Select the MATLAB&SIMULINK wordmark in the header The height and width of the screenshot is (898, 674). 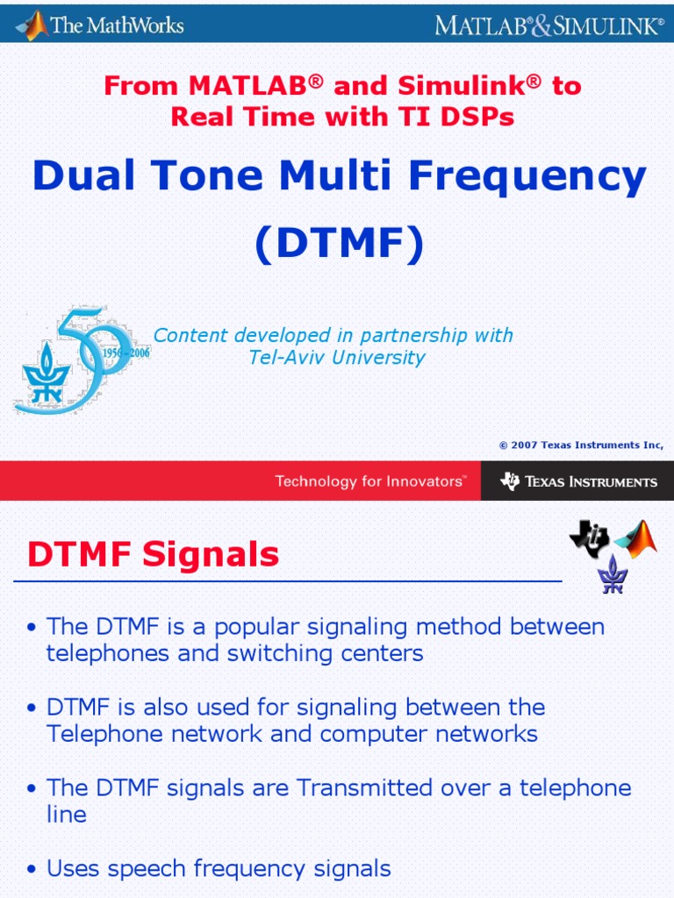pyautogui.click(x=549, y=25)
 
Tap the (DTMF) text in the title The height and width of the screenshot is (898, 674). pyautogui.click(x=339, y=244)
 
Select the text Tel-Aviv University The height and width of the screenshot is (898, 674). pyautogui.click(x=337, y=357)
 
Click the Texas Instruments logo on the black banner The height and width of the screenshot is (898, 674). pyautogui.click(x=578, y=481)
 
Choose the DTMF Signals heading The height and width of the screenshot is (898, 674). pyautogui.click(x=154, y=554)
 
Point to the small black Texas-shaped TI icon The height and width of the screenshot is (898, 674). pyautogui.click(x=589, y=538)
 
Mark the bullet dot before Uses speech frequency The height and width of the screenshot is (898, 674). pyautogui.click(x=32, y=870)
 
